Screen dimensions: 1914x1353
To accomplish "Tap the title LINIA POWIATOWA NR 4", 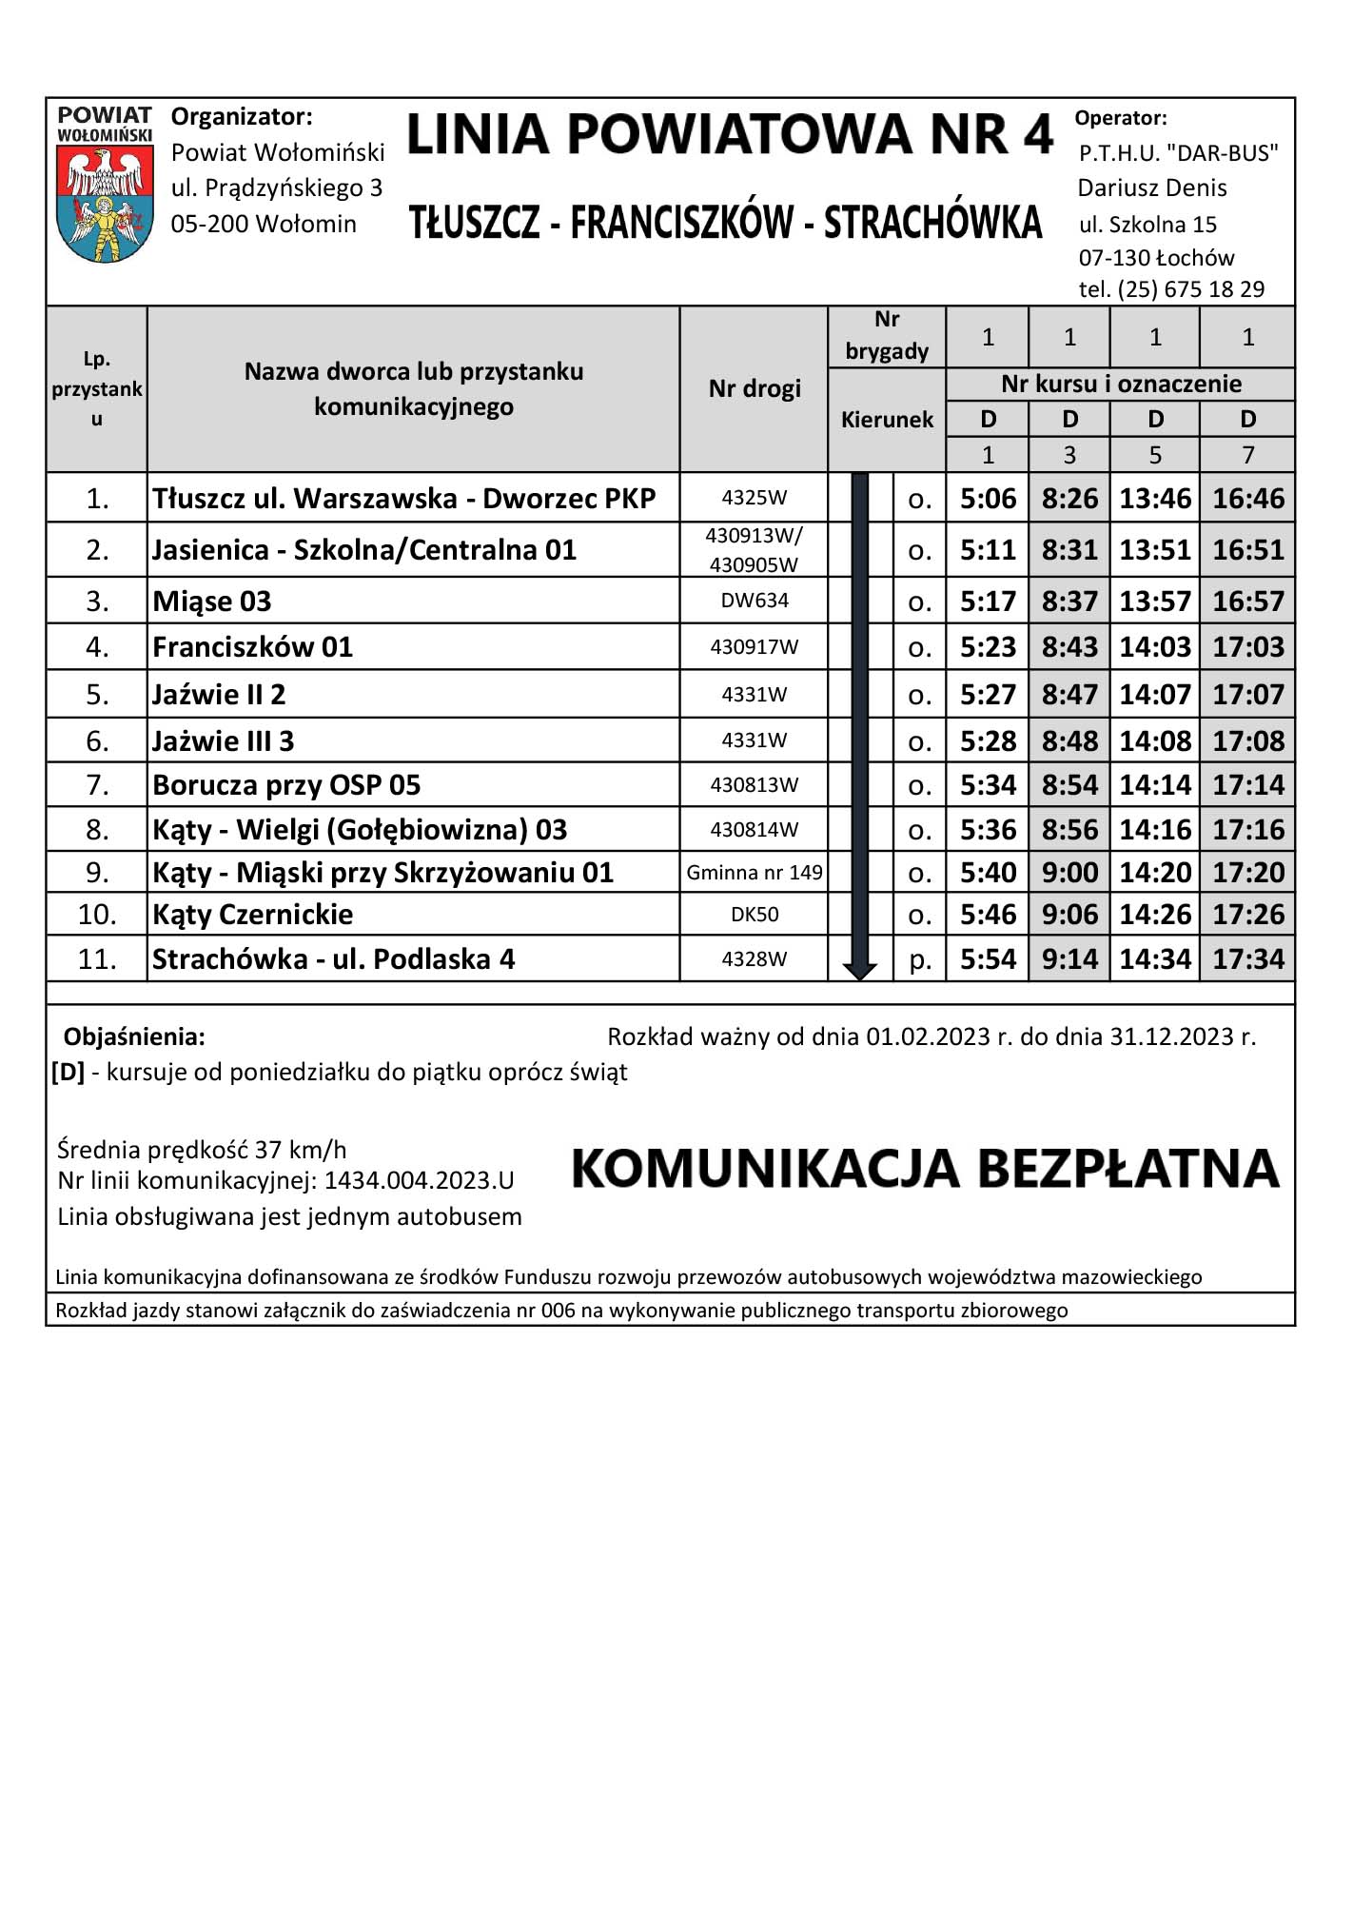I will click(729, 134).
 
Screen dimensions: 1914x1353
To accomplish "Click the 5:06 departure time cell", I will click(988, 498).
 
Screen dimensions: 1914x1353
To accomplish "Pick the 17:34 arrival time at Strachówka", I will click(1247, 958).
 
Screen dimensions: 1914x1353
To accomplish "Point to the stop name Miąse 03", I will click(212, 602).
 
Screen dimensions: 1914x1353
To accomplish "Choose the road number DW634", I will click(755, 601).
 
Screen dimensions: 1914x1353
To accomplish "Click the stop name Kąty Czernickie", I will click(253, 915).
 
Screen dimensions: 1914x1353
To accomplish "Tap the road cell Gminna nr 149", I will click(755, 873).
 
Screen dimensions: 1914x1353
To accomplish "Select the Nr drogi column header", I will click(755, 388).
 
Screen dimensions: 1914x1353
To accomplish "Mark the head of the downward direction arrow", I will click(860, 971).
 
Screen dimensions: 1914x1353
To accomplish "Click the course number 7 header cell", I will click(1247, 455).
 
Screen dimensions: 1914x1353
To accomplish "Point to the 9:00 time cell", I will click(1069, 873).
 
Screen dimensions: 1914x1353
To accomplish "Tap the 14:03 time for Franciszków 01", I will click(1154, 647).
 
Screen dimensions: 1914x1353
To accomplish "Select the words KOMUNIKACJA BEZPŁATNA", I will click(925, 1169).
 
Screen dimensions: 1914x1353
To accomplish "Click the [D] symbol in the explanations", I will click(69, 1073).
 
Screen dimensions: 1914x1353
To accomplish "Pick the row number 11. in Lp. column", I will click(97, 958).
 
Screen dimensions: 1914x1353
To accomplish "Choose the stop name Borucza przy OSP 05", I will click(286, 785).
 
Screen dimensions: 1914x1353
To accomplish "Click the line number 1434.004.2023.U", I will click(419, 1181).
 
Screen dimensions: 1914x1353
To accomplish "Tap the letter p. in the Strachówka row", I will click(919, 959).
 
